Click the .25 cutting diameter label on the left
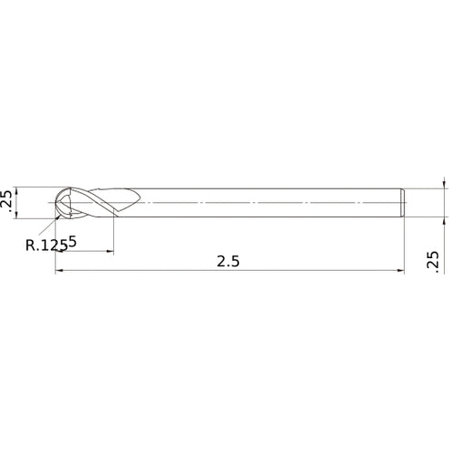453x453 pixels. [7, 202]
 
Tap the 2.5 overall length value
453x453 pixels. [228, 261]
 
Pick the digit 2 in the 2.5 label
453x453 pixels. [221, 261]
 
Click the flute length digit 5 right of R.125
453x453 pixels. [72, 242]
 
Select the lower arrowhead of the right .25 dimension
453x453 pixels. [444, 220]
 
